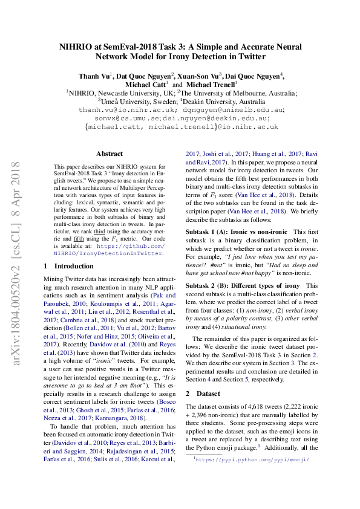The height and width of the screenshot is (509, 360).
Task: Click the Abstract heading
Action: tap(109, 154)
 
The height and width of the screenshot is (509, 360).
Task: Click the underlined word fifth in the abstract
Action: tap(79, 247)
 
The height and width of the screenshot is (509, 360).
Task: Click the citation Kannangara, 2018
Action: tap(129, 400)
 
